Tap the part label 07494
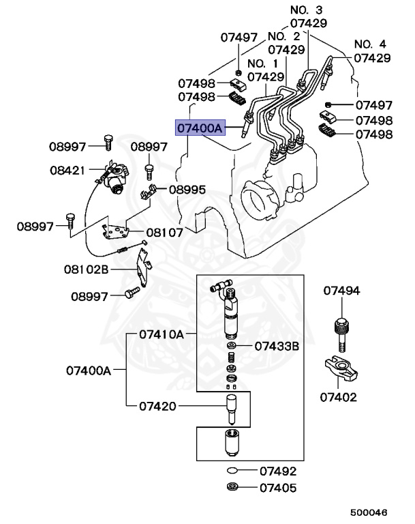tap(341, 291)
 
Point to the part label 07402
tap(339, 396)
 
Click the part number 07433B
tap(277, 346)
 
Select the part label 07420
tap(157, 407)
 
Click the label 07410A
tap(162, 334)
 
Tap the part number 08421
tap(67, 168)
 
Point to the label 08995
tap(187, 190)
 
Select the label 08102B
tap(87, 270)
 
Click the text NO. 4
tap(371, 44)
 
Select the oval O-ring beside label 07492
tap(233, 471)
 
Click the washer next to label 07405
tap(233, 487)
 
